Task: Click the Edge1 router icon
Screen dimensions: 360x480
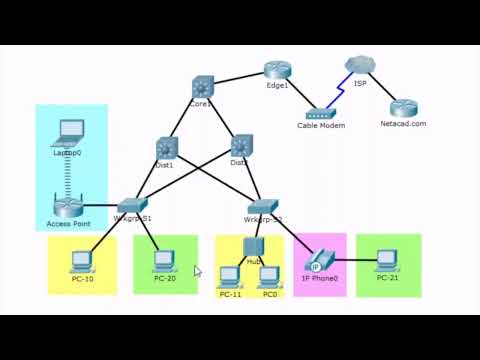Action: tap(277, 70)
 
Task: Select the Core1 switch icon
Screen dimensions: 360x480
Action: tap(202, 88)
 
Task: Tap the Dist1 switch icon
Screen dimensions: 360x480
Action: tap(165, 147)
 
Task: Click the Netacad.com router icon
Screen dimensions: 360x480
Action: tap(403, 108)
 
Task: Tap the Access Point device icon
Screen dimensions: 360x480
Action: tap(68, 207)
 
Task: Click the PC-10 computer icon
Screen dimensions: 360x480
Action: tap(81, 261)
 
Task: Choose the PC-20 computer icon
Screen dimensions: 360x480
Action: tap(164, 260)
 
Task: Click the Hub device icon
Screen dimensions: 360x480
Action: tap(252, 247)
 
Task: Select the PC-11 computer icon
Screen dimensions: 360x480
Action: tap(230, 276)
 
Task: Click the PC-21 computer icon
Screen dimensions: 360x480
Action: tap(387, 260)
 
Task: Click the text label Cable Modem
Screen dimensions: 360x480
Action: tap(321, 126)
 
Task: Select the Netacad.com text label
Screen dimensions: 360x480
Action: tap(403, 124)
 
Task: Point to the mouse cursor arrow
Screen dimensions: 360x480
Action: tap(197, 270)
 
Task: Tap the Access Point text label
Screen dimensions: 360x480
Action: tap(68, 224)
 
